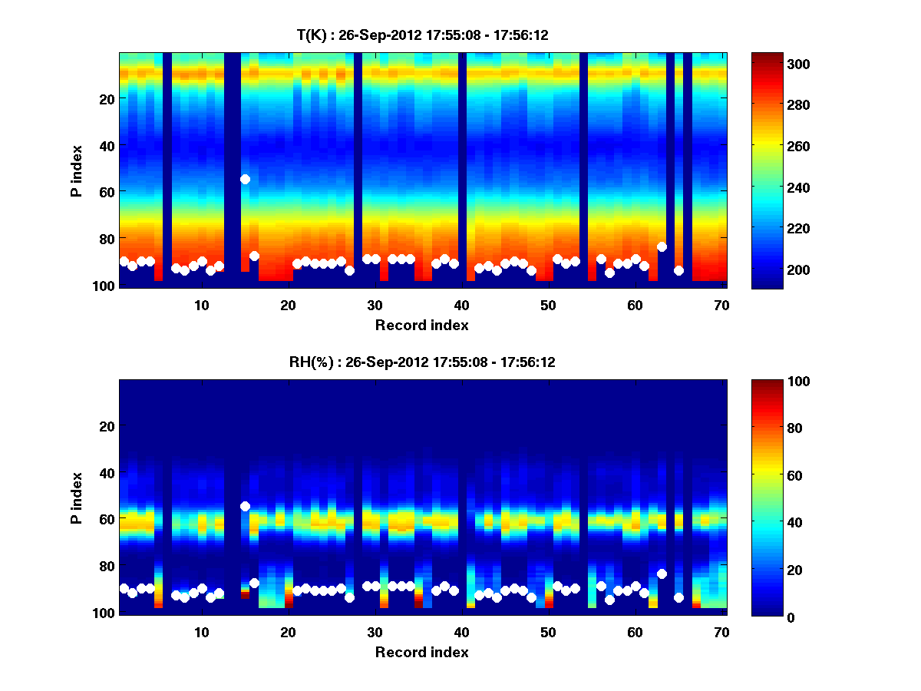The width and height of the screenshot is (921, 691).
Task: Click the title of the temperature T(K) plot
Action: tap(422, 35)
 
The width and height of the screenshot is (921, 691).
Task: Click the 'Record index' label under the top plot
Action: tap(421, 325)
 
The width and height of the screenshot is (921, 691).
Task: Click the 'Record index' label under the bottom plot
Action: tap(421, 652)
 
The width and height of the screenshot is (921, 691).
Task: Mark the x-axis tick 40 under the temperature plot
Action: tap(461, 305)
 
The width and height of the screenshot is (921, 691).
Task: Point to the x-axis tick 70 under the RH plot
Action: tap(722, 632)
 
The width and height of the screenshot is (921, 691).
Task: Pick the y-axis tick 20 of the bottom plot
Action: tap(107, 426)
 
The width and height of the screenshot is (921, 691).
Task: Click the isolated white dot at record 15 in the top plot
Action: tap(245, 179)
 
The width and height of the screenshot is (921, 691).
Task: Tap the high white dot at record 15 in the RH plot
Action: tap(245, 506)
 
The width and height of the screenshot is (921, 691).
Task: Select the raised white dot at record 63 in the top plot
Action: tap(662, 246)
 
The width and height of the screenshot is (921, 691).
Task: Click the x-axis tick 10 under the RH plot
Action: tap(201, 632)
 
